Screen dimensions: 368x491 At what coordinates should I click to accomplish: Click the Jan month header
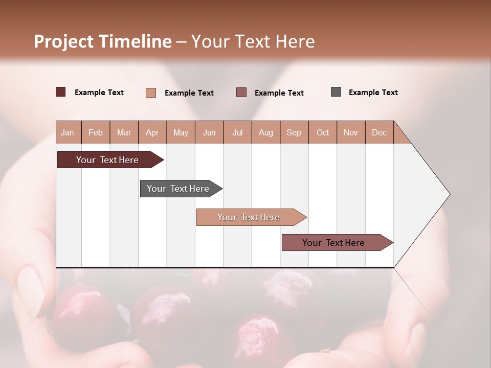pos(68,132)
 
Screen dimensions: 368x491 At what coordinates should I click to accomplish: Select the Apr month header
pos(152,132)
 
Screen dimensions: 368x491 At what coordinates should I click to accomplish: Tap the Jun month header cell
pos(209,132)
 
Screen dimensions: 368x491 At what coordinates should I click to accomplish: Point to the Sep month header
pos(294,132)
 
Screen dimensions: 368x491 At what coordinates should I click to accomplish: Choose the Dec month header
pos(379,132)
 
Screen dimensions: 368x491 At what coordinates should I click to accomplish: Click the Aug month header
pos(265,132)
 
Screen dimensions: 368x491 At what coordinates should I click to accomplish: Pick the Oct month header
pos(323,132)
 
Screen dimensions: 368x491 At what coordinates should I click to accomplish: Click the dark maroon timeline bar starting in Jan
pos(107,160)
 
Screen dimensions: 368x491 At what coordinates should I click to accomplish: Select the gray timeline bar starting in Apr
pos(178,189)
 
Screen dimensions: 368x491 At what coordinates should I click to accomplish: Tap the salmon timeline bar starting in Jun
pos(249,217)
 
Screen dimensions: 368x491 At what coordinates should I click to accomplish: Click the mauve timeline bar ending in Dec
pos(333,243)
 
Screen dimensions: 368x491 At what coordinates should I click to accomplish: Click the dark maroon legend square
pos(61,92)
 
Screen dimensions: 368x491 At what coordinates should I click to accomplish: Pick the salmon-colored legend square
pos(151,93)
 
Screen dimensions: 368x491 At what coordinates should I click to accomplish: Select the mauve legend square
pos(241,93)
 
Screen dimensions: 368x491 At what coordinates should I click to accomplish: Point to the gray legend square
pos(336,92)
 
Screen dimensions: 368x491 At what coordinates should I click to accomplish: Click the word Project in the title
pos(64,41)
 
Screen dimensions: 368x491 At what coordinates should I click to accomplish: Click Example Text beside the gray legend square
pos(373,93)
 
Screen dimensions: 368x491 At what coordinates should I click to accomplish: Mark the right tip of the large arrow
pos(449,194)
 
